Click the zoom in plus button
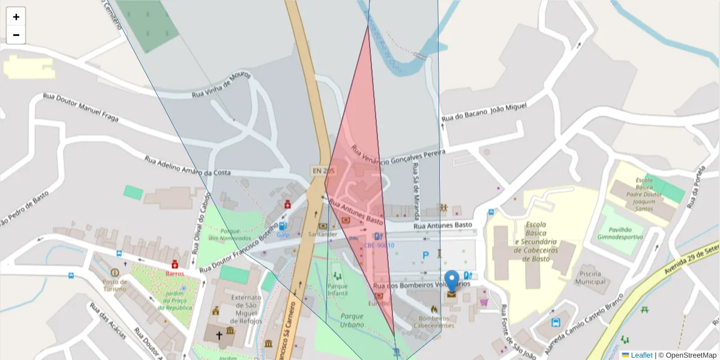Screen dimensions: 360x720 [16, 17]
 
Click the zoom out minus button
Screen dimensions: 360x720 [16, 35]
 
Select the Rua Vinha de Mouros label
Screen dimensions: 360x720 [221, 87]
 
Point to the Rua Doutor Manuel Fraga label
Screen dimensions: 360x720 [80, 107]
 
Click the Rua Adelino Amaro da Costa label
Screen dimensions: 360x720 [188, 166]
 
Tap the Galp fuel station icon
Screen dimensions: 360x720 [282, 226]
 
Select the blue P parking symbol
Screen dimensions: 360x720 [425, 256]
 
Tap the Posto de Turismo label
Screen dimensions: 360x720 [115, 285]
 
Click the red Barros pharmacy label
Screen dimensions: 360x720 [175, 273]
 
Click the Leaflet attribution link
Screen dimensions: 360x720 [641, 355]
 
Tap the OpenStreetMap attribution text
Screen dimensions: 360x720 [690, 355]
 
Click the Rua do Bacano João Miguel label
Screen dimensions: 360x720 [484, 112]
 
